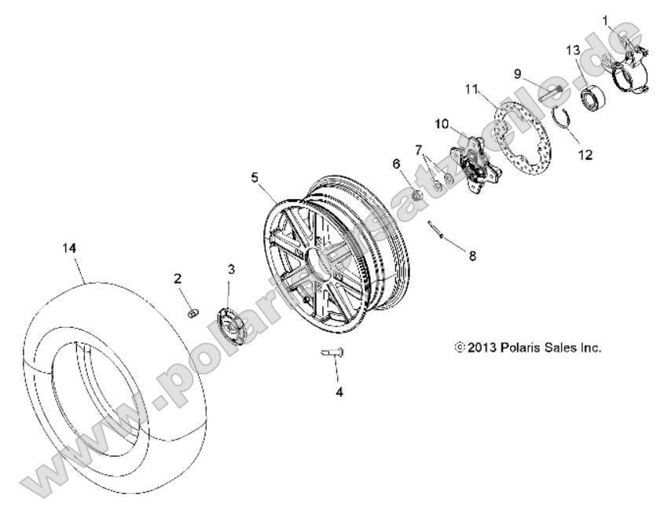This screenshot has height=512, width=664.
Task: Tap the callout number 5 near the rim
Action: coord(254,178)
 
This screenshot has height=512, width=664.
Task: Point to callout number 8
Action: coord(472,255)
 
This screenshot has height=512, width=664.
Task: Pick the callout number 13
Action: coord(573,50)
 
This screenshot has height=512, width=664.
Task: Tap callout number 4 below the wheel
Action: coord(339,391)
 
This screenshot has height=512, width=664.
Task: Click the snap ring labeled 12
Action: coord(560,119)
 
